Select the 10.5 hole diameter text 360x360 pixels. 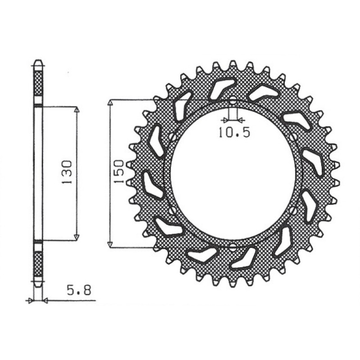[234, 133]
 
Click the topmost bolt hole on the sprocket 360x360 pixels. [233, 101]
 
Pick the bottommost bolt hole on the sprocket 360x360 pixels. [233, 246]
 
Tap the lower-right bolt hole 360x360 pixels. [293, 210]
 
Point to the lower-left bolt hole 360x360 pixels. [173, 210]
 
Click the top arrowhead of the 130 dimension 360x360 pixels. [76, 110]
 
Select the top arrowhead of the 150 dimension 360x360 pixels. [110, 102]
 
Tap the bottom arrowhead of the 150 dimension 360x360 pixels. [110, 244]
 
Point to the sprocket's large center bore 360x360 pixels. [233, 173]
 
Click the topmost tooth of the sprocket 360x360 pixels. [233, 64]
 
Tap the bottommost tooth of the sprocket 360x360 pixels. [233, 283]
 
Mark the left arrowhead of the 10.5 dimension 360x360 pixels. [225, 120]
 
